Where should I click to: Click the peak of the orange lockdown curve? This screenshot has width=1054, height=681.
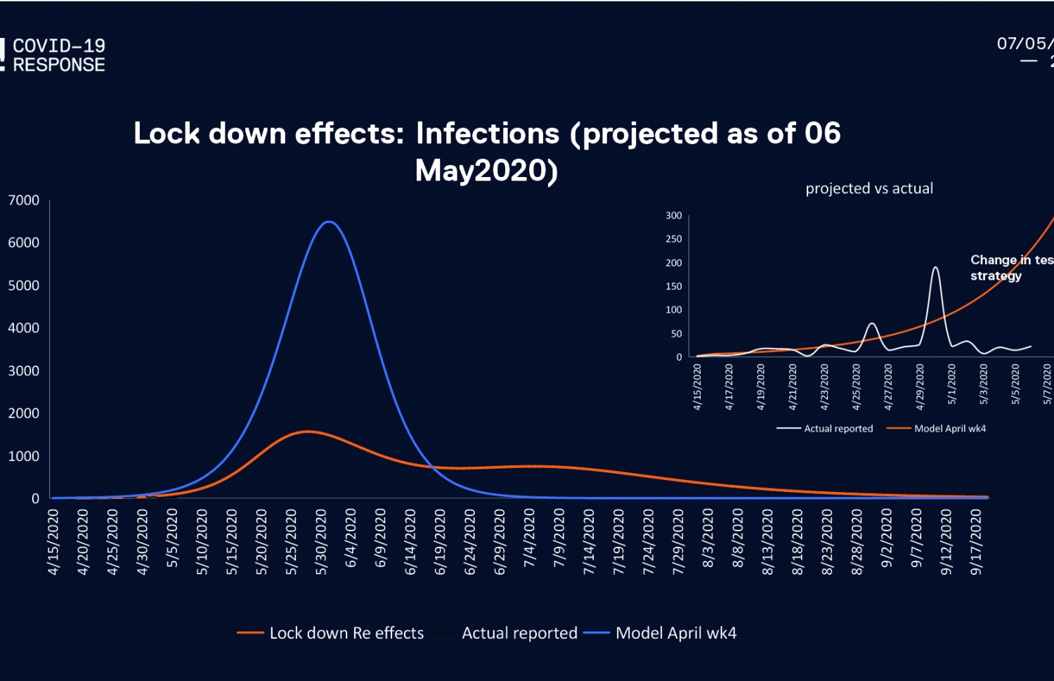point(308,432)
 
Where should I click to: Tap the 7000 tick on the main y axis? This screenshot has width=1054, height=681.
point(24,200)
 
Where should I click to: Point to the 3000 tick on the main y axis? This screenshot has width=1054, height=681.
point(24,371)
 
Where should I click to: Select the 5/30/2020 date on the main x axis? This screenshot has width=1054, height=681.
point(321,543)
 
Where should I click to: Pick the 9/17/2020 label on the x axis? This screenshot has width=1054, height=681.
point(976,543)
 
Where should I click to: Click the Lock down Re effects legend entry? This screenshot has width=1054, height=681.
point(346,633)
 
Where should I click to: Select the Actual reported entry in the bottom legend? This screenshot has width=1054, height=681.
point(519,633)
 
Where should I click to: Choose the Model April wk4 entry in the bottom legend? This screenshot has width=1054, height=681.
point(675,633)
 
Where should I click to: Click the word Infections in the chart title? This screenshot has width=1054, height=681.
point(488,134)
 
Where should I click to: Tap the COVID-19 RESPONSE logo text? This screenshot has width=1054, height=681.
point(59,56)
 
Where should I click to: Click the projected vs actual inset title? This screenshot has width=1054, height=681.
point(869,188)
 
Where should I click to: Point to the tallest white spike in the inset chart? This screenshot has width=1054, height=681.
point(935,268)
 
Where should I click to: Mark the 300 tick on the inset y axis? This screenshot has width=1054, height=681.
point(674,216)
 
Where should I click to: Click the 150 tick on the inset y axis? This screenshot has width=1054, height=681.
point(674,287)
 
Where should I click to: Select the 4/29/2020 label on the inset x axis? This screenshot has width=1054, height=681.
point(920,387)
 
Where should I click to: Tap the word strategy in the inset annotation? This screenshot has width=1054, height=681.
point(996,275)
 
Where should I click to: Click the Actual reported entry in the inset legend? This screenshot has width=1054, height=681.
point(838,429)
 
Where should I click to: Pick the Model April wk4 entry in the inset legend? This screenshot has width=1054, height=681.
point(950,429)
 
